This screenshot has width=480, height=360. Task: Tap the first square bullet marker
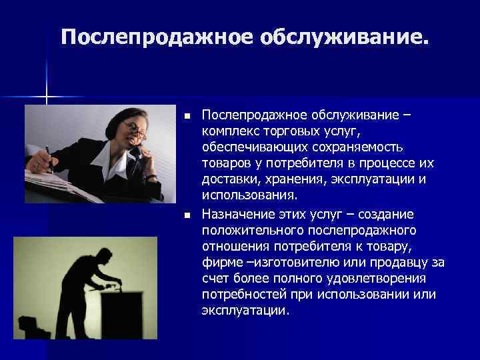click(187, 117)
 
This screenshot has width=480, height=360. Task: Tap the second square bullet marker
click(187, 215)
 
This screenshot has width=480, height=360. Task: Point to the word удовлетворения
click(365, 278)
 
